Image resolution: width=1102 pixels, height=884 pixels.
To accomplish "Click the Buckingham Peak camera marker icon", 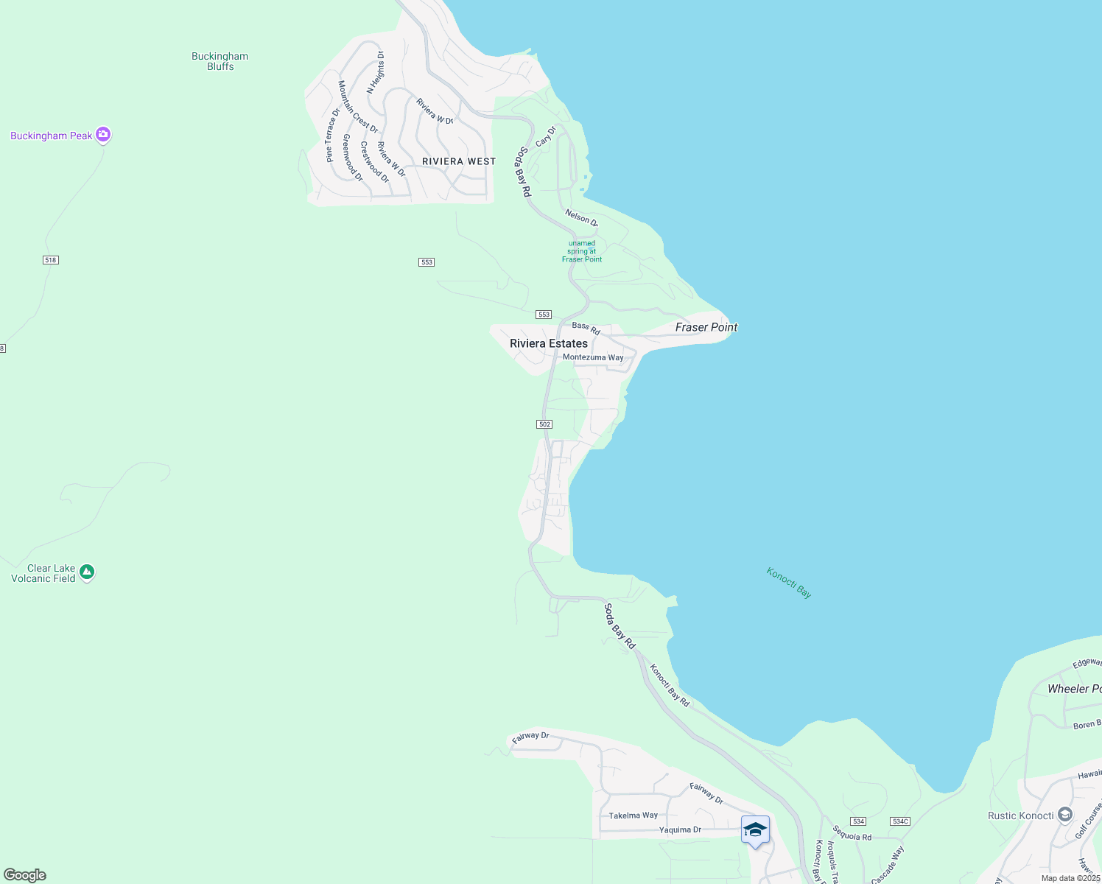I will [103, 135].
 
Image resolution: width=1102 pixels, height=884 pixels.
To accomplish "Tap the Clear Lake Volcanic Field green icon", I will [87, 572].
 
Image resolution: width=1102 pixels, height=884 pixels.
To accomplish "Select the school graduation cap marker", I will [755, 830].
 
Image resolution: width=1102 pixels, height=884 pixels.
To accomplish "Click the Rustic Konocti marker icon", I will [1064, 815].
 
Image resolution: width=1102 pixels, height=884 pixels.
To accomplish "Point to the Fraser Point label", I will [706, 327].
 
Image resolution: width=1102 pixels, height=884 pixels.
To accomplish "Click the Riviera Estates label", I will [549, 343].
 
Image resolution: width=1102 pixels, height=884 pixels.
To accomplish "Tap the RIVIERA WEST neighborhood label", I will [459, 161].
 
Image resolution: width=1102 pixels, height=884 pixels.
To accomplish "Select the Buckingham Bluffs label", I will [220, 61].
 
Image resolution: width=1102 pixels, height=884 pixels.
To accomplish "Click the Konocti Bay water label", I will [789, 583].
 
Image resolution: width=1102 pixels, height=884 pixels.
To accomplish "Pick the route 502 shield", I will [544, 424].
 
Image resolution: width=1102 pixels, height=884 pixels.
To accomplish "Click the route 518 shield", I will [50, 260].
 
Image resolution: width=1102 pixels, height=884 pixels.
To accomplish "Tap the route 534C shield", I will [900, 821].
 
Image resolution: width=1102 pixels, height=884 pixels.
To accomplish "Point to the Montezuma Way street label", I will [593, 357].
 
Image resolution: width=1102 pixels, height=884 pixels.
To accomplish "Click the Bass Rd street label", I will [586, 328].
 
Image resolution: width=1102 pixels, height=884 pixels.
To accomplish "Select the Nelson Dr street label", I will [582, 217].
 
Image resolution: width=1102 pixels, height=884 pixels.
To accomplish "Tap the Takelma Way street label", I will [633, 815].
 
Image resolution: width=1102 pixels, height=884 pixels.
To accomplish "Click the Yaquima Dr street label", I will [680, 829].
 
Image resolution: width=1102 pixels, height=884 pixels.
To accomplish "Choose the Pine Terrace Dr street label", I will [332, 135].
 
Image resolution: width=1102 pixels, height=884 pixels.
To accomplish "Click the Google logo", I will [25, 875].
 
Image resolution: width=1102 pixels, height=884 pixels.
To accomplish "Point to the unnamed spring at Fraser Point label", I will [582, 251].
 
